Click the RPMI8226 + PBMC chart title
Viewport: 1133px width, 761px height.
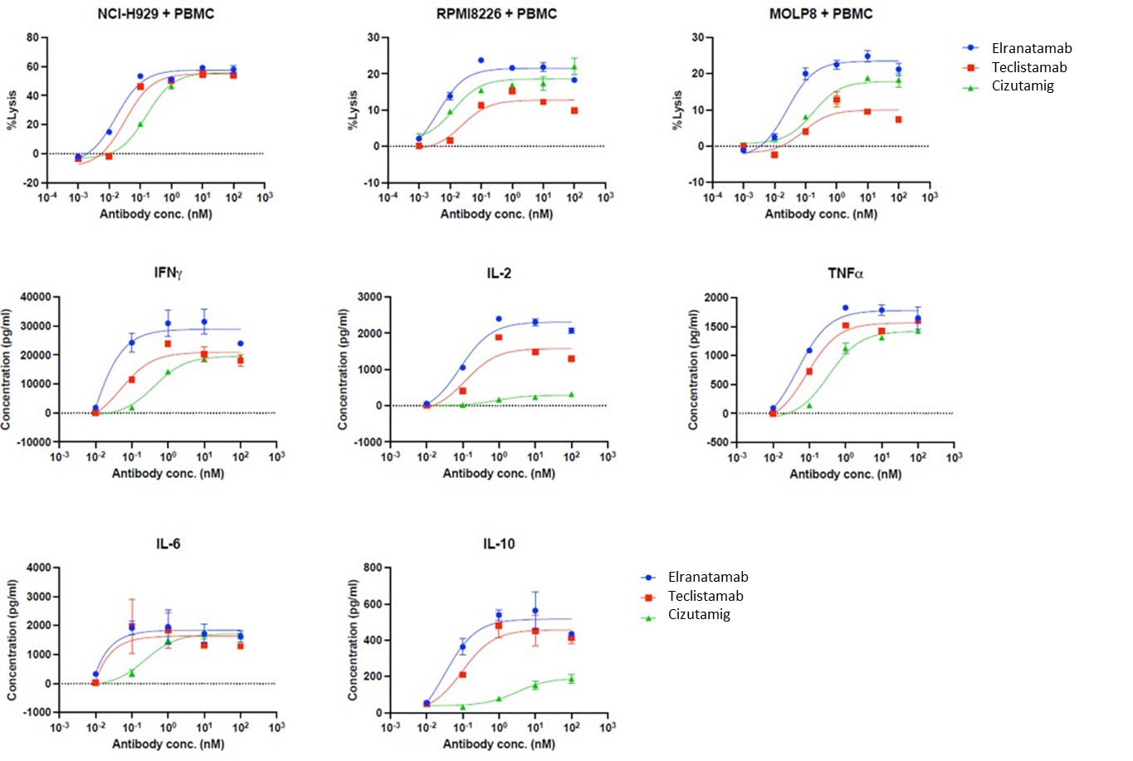click(x=496, y=13)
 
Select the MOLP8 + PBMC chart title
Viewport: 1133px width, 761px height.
click(x=821, y=13)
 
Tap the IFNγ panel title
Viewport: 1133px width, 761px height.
click(x=168, y=273)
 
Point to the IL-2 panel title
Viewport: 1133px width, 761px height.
click(x=499, y=273)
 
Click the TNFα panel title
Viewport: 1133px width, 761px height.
click(x=845, y=273)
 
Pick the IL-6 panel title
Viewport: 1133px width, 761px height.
click(x=168, y=544)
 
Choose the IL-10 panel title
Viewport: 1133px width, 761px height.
click(x=499, y=544)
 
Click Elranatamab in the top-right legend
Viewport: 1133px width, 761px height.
click(x=1032, y=48)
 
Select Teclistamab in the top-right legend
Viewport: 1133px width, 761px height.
click(x=1029, y=67)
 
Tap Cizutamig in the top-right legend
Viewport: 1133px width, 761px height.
click(x=1023, y=85)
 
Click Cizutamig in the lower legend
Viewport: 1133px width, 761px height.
click(x=699, y=614)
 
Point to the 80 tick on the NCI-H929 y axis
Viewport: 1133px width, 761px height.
click(x=32, y=37)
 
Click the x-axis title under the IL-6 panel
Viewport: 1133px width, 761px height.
click(x=168, y=744)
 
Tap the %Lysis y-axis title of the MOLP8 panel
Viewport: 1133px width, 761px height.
click(x=677, y=110)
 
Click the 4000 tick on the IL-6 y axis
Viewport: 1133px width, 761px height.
click(x=39, y=568)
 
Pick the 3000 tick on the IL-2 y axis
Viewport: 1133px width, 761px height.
click(x=369, y=296)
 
